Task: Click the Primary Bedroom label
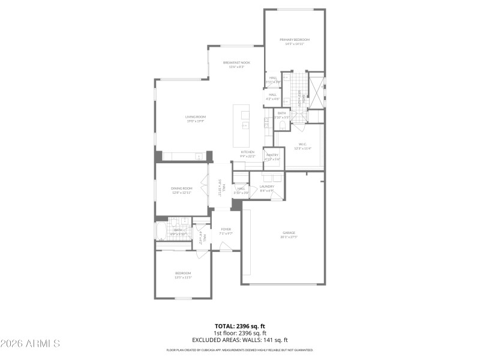(294, 40)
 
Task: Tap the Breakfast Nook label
(236, 63)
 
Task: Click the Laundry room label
(266, 187)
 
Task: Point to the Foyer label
(226, 230)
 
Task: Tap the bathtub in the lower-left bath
(161, 231)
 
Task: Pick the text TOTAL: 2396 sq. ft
(240, 326)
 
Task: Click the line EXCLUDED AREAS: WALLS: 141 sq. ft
(240, 339)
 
